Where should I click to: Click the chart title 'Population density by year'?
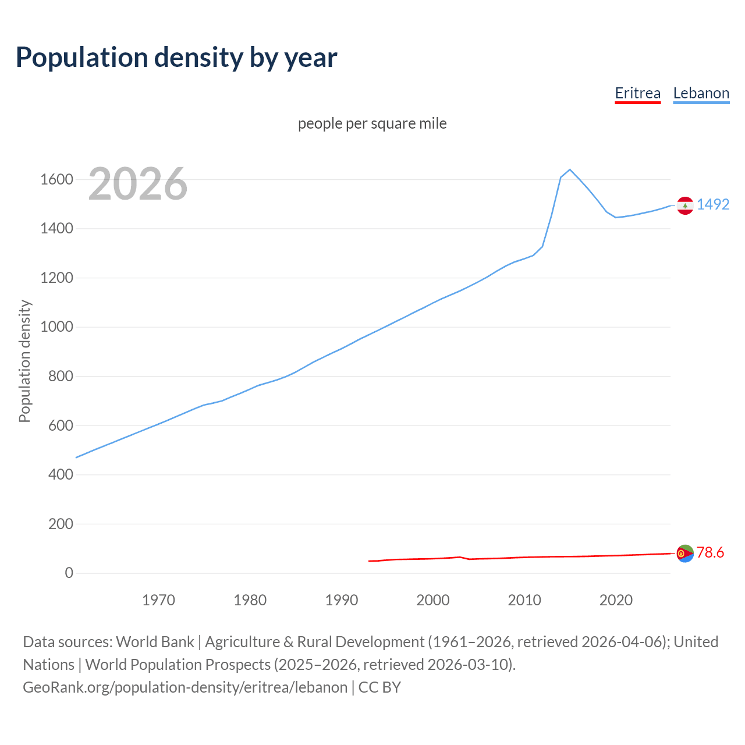pos(176,58)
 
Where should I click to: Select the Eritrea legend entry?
pos(637,93)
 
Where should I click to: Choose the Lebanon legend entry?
pos(701,93)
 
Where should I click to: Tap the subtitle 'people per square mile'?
pos(372,123)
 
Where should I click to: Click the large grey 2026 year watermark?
pos(138,184)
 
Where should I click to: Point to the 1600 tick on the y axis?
pos(56,179)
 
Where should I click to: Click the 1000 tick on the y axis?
pos(56,327)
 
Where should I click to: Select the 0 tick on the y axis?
pos(69,573)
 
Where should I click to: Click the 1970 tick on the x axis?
pos(158,600)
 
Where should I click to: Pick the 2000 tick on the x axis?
pos(433,600)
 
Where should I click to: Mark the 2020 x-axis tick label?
pos(616,600)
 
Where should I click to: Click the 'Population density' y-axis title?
pos(24,361)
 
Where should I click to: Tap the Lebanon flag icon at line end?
pos(685,205)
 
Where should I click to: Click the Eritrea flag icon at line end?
pos(685,554)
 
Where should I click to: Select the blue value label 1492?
pos(713,204)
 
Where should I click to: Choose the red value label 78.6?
pos(710,552)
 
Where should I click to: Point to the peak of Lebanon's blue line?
pos(570,169)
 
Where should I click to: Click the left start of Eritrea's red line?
pos(370,561)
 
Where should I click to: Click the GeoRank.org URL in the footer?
pos(185,687)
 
